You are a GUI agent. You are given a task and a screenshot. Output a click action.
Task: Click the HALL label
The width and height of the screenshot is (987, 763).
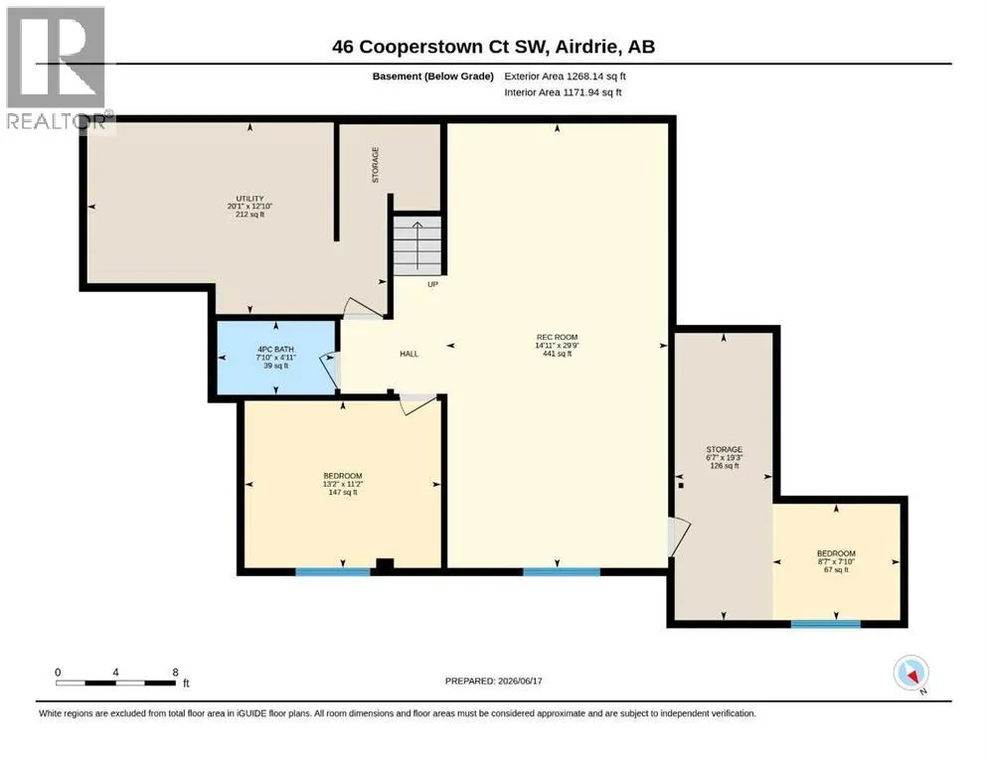pos(410,354)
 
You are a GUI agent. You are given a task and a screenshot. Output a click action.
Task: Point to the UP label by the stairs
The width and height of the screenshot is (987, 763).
pos(432,284)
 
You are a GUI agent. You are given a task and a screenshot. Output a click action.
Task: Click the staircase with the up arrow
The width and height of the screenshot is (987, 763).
pos(417,245)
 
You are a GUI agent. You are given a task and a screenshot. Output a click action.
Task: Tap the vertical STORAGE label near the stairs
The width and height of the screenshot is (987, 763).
pos(375,165)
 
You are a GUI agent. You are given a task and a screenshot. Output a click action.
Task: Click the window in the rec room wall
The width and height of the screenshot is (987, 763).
pos(562,572)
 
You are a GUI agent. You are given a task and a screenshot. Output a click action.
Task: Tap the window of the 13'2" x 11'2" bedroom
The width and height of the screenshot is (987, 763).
pos(333,572)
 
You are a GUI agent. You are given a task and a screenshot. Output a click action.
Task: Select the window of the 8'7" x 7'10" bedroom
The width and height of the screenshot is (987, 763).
pos(826,624)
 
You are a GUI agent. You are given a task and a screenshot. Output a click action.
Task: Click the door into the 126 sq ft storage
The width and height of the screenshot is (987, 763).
pos(679,536)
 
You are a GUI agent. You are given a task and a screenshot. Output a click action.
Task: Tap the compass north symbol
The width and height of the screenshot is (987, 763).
pos(910,673)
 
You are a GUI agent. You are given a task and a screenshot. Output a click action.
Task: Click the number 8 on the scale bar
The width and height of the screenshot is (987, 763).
pos(176,672)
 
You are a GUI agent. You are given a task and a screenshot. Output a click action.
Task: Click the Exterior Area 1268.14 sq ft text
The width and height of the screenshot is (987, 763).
pos(565,76)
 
